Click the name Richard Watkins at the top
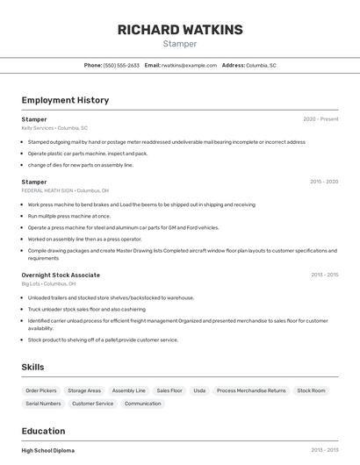pyautogui.click(x=180, y=30)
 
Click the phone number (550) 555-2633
pyautogui.click(x=121, y=65)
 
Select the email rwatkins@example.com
pyautogui.click(x=189, y=65)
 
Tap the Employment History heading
pyautogui.click(x=65, y=100)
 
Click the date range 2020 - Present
pyautogui.click(x=320, y=118)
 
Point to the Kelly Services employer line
pyautogui.click(x=54, y=127)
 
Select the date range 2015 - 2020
pyautogui.click(x=324, y=182)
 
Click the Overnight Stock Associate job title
pyautogui.click(x=61, y=275)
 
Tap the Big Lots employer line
pyautogui.click(x=48, y=283)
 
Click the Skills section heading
pyautogui.click(x=32, y=367)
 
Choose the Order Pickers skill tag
pyautogui.click(x=41, y=390)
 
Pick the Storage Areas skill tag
pyautogui.click(x=84, y=390)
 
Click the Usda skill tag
pyautogui.click(x=199, y=390)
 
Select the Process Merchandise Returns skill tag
pyautogui.click(x=251, y=390)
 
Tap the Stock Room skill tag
pyautogui.click(x=311, y=390)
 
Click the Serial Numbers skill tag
pyautogui.click(x=43, y=404)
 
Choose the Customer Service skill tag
pyautogui.click(x=92, y=404)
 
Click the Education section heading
pyautogui.click(x=43, y=431)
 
